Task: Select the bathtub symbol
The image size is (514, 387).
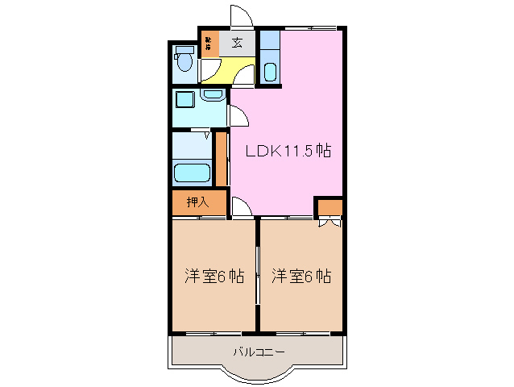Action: pos(192,173)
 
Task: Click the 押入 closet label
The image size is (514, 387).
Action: pos(198,202)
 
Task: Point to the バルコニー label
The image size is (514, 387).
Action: pos(259,352)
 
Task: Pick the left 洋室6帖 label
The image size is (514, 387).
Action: pos(213,276)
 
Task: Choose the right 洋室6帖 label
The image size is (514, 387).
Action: pos(301,276)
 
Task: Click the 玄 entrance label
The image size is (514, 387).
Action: pos(238,43)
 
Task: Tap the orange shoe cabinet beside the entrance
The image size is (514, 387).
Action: pos(209,43)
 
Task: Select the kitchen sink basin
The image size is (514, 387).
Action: pos(270,72)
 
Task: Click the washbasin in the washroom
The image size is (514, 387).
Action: pos(213,96)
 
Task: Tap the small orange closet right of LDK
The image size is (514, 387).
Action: pos(329,207)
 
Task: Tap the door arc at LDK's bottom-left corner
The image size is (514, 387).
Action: pos(242,207)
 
